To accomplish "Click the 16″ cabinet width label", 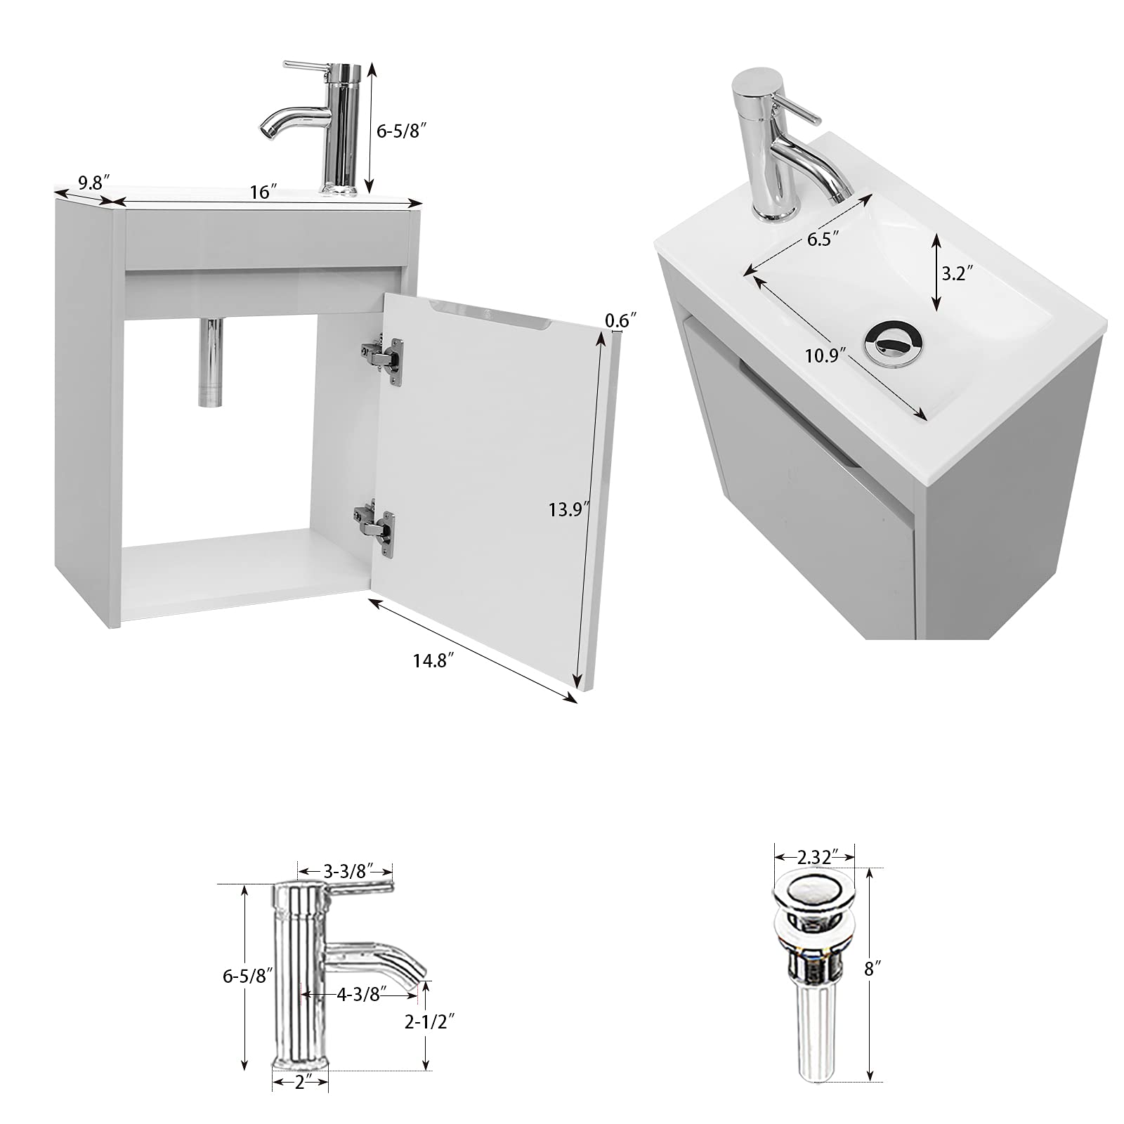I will [x=263, y=192].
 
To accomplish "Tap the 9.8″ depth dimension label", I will [x=93, y=184].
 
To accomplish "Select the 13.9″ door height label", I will [x=568, y=509].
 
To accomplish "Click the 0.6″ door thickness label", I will [x=620, y=320].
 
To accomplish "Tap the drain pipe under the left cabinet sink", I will [x=210, y=361].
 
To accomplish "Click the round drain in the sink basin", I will [x=893, y=344].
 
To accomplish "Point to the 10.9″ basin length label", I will [x=823, y=355].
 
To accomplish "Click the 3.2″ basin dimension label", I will [x=956, y=273].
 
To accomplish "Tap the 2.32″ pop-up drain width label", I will [x=814, y=857].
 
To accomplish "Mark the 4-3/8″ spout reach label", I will [x=358, y=995].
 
